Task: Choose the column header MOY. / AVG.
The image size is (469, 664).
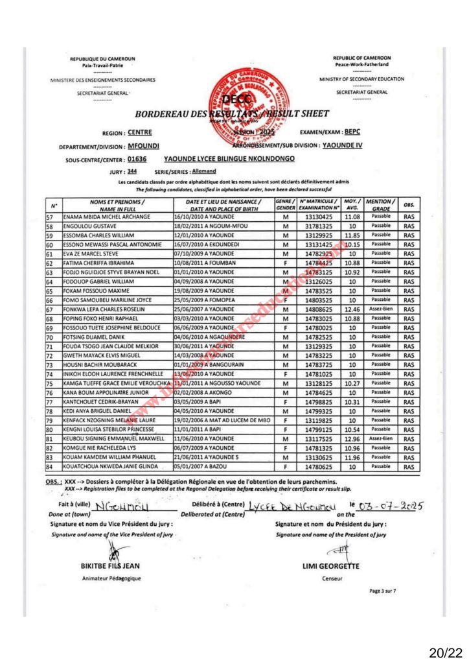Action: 352,204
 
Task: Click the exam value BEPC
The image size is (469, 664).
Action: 353,131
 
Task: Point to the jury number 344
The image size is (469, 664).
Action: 132,171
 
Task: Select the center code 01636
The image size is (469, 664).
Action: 137,158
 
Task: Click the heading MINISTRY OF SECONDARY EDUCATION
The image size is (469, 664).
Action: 361,79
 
